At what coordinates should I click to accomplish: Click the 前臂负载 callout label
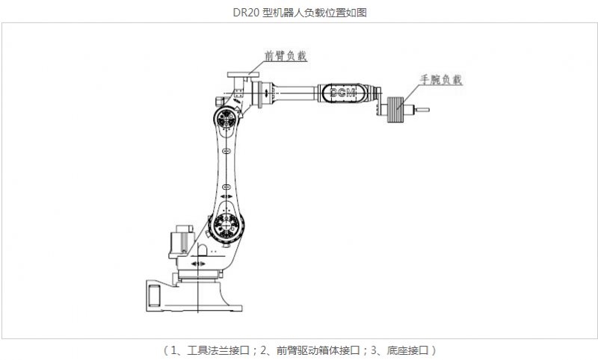(286, 56)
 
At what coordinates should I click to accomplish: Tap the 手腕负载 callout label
(441, 80)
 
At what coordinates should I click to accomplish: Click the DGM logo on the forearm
(343, 93)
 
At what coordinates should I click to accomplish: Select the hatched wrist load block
(395, 110)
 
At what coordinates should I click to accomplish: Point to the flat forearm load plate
(243, 75)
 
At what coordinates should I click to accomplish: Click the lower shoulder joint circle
(226, 226)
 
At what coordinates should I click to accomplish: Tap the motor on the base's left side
(182, 241)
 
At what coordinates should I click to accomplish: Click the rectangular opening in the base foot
(155, 295)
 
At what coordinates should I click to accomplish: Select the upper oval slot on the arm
(226, 151)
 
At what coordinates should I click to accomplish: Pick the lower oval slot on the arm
(226, 187)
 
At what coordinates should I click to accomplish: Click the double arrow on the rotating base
(198, 264)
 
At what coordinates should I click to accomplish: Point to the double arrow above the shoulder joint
(226, 196)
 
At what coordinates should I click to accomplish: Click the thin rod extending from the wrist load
(422, 110)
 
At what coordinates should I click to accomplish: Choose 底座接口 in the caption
(407, 350)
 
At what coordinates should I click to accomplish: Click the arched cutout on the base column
(203, 250)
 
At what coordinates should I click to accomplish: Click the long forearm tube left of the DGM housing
(295, 93)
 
